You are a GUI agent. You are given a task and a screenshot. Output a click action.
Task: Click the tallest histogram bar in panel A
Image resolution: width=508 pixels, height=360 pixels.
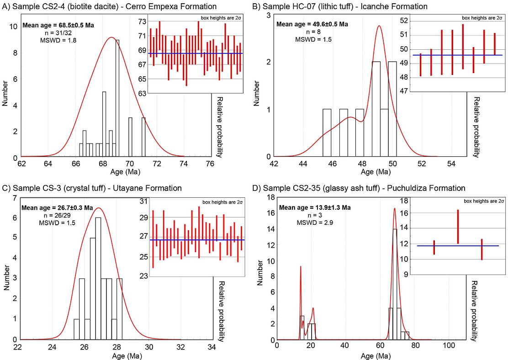[117, 98]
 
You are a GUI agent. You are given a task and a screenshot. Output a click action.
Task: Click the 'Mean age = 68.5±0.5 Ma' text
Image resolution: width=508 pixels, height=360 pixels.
[58, 25]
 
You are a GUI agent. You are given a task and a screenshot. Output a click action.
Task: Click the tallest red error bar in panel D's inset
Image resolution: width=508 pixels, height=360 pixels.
[458, 227]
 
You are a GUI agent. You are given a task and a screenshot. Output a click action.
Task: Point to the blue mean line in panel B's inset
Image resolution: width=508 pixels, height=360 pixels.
[457, 55]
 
